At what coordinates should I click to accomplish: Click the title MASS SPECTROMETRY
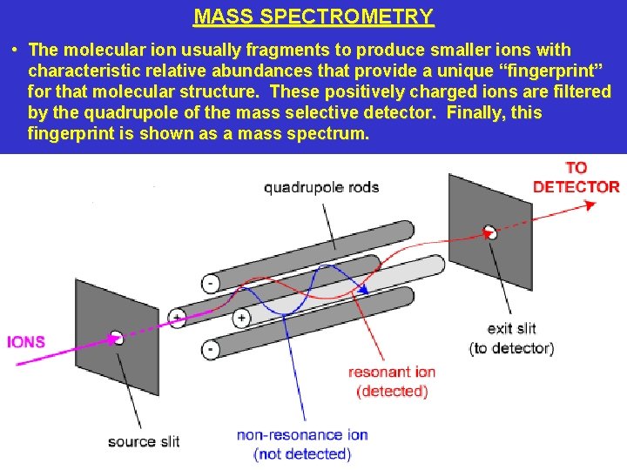click(x=313, y=17)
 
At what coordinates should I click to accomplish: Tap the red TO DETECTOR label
click(x=576, y=177)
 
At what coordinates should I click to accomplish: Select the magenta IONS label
click(x=26, y=342)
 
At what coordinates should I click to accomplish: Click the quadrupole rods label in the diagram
click(x=321, y=187)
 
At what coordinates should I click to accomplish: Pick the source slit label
click(x=144, y=441)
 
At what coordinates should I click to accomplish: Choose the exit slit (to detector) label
click(x=511, y=339)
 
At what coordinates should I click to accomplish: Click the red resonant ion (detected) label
click(x=392, y=381)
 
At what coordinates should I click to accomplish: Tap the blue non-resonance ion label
click(x=302, y=444)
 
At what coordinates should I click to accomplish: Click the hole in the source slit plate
click(x=118, y=338)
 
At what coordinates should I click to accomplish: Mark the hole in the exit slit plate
click(x=490, y=232)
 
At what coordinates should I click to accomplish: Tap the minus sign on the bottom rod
click(x=211, y=350)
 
